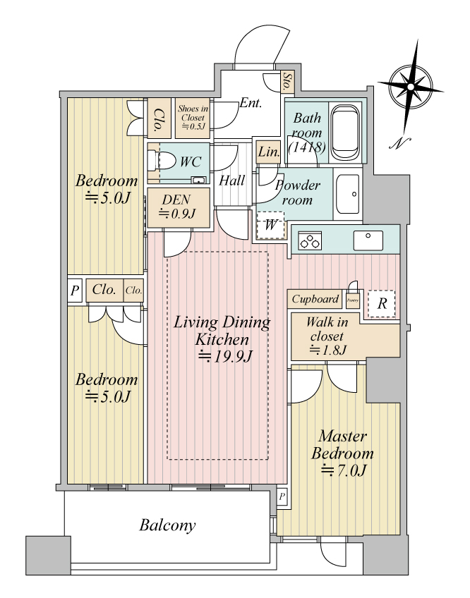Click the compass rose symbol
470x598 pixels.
click(x=410, y=86)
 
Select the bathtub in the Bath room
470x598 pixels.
click(x=345, y=132)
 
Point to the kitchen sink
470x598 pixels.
click(x=367, y=240)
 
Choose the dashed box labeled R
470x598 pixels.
click(x=381, y=304)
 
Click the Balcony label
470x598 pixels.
click(x=167, y=525)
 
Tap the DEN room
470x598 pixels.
click(x=177, y=207)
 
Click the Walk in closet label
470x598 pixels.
click(x=326, y=336)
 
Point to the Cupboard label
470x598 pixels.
click(x=315, y=299)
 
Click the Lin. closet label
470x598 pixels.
click(x=267, y=151)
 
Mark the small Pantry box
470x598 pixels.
click(x=353, y=300)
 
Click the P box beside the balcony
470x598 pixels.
click(x=282, y=496)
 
